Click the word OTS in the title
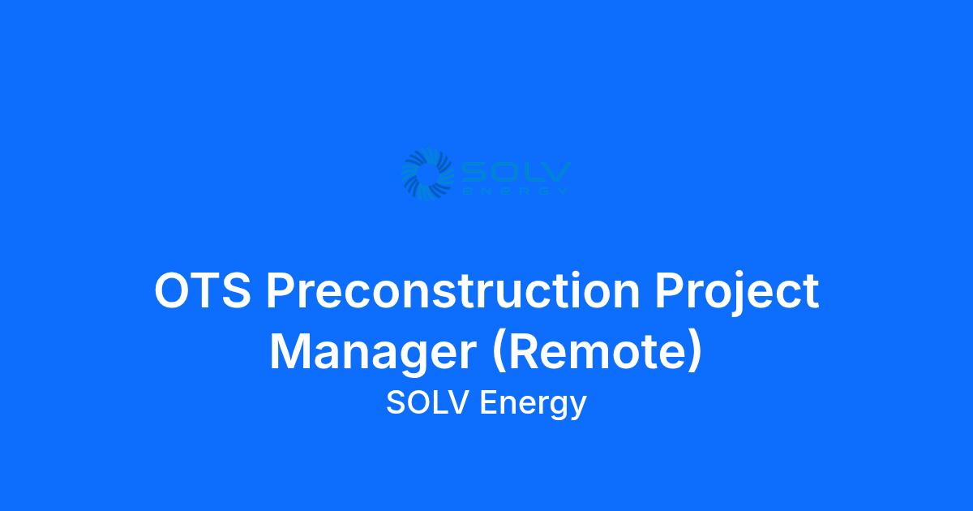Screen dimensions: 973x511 coord(203,290)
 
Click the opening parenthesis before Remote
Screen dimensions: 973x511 coord(499,352)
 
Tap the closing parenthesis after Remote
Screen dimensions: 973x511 coord(695,352)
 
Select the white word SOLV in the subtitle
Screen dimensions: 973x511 coord(427,402)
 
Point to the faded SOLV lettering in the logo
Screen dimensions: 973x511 coord(515,173)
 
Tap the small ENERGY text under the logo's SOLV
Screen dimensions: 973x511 coord(516,191)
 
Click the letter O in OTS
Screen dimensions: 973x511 coord(173,290)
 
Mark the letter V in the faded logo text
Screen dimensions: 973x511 coord(557,173)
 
